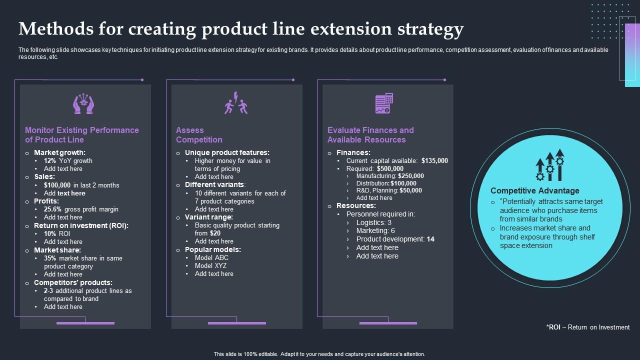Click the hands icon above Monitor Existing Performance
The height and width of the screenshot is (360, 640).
(83, 104)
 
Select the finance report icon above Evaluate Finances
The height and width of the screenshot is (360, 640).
(384, 103)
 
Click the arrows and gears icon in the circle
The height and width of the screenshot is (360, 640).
(550, 165)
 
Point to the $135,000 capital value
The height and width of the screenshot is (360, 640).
(434, 161)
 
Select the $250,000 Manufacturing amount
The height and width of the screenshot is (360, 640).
(411, 176)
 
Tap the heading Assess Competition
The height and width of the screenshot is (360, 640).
(199, 135)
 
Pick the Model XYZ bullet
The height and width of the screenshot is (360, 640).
(210, 266)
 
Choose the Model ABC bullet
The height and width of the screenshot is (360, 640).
(211, 258)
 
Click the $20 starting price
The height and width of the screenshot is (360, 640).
(215, 233)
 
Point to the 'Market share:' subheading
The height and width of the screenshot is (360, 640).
(57, 250)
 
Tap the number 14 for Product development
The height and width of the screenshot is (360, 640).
(430, 239)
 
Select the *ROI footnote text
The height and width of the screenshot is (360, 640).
(588, 327)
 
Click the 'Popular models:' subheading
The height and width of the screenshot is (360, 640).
(212, 249)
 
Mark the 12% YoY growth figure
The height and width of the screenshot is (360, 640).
(49, 161)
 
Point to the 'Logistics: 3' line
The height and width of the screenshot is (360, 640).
(373, 222)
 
